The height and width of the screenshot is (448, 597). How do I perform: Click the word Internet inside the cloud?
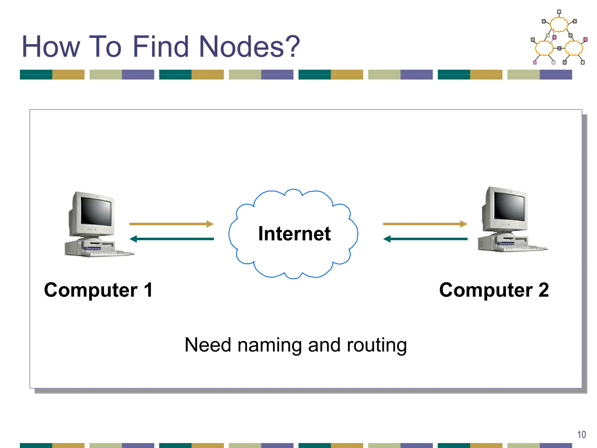pos(294,234)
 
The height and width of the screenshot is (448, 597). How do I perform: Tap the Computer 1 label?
pos(98,290)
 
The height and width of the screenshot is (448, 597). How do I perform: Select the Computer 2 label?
pos(494,290)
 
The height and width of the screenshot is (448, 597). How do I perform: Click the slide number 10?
pos(581,435)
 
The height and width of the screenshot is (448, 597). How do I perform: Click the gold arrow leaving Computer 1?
pos(171,224)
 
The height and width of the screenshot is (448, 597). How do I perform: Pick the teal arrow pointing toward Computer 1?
pos(171,239)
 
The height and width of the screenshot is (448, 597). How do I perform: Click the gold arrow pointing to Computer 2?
pos(425,224)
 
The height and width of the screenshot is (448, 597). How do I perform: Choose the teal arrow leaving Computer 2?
pos(425,239)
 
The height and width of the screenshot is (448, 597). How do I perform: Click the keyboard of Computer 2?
pos(522,248)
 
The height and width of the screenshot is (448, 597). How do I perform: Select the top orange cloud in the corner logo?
pos(559,24)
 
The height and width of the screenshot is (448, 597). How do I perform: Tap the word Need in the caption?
pos(208,345)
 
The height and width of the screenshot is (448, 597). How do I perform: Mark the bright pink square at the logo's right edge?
pos(585,39)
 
